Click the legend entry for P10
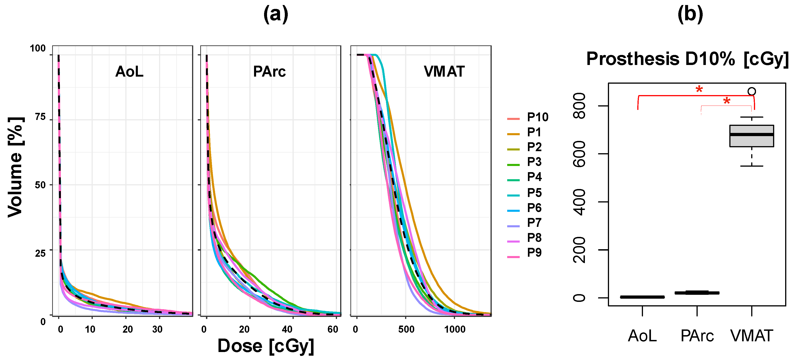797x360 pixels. tap(537, 117)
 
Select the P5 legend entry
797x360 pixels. tap(534, 193)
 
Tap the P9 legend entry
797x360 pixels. tap(534, 253)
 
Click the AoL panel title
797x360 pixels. tap(129, 72)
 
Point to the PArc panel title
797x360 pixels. tap(269, 72)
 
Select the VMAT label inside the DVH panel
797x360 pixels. tap(444, 72)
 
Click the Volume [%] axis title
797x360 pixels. tap(15, 167)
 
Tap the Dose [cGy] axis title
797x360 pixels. tap(266, 346)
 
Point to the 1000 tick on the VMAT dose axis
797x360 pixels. tap(455, 329)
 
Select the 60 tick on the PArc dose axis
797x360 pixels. tap(333, 329)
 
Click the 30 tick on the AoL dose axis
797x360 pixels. tap(157, 329)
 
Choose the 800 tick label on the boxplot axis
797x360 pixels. tap(579, 106)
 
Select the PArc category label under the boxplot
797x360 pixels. tap(697, 336)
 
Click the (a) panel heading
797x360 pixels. tap(276, 14)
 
